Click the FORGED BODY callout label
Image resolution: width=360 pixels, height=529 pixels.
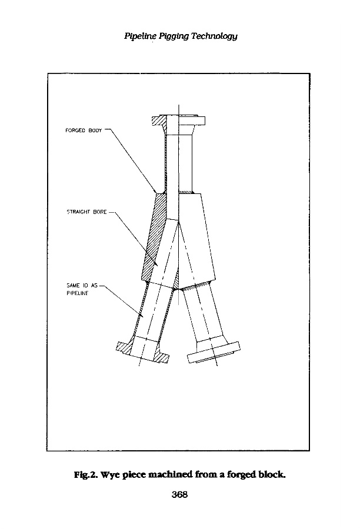[x=83, y=130]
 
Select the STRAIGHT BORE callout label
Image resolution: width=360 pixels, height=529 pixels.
[x=86, y=212]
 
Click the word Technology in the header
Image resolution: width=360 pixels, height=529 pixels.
[x=215, y=36]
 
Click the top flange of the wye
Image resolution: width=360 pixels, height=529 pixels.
[x=179, y=122]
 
